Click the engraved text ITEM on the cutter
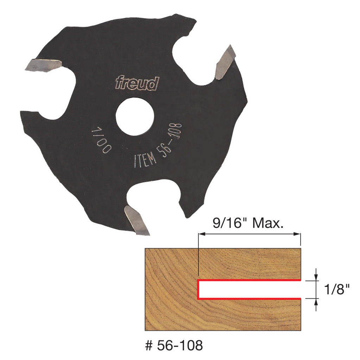145,160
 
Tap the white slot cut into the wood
250,289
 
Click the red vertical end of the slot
198,289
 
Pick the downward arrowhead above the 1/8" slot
316,278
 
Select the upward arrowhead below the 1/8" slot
316,301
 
